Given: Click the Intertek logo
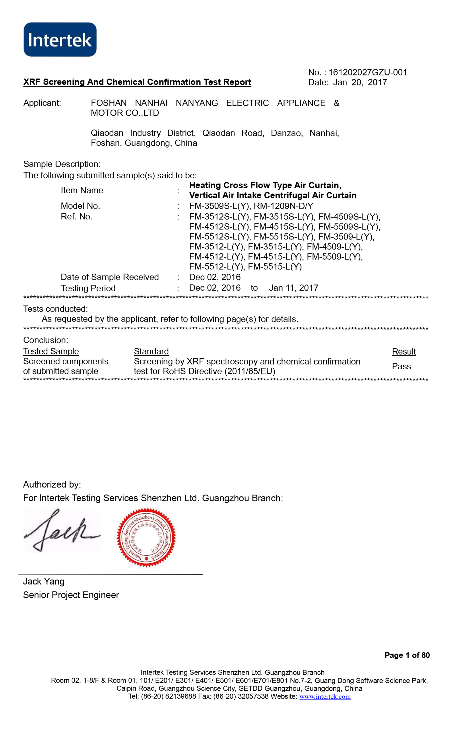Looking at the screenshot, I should pyautogui.click(x=60, y=40).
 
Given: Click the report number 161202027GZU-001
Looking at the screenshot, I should pyautogui.click(x=367, y=72).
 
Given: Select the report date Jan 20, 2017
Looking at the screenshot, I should pyautogui.click(x=360, y=83).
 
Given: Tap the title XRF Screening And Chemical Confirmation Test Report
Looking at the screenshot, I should pyautogui.click(x=137, y=82).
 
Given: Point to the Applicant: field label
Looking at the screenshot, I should pyautogui.click(x=42, y=103).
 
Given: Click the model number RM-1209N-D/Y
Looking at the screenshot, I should pyautogui.click(x=283, y=206).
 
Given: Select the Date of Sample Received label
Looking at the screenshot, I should pyautogui.click(x=110, y=277).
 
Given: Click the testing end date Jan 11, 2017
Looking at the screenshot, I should pyautogui.click(x=293, y=288).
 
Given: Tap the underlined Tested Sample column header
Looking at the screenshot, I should pyautogui.click(x=51, y=351).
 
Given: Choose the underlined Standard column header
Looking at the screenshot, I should pyautogui.click(x=151, y=351).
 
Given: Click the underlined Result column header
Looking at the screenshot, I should pyautogui.click(x=404, y=352).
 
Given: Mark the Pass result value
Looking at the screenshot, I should pyautogui.click(x=401, y=366).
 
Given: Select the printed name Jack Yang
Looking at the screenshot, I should pyautogui.click(x=44, y=581).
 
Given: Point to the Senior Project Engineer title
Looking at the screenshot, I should pyautogui.click(x=71, y=595).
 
